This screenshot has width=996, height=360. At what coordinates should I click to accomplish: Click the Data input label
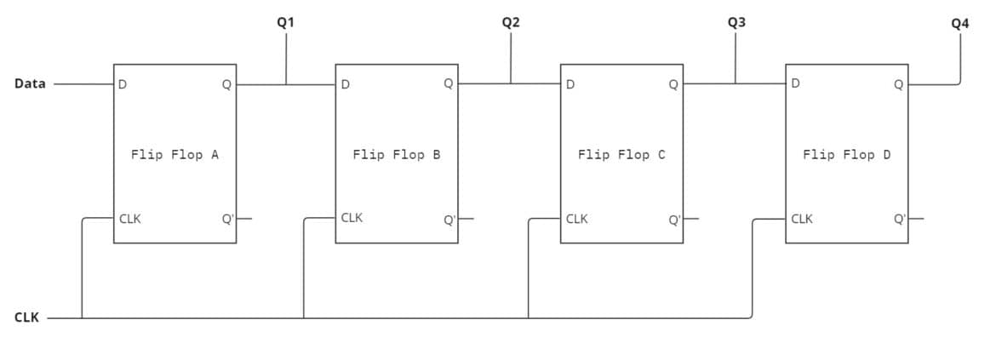(30, 83)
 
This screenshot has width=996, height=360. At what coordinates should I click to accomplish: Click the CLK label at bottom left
(26, 317)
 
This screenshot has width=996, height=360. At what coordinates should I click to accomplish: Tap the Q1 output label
(286, 23)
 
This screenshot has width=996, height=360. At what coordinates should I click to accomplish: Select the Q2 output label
(511, 23)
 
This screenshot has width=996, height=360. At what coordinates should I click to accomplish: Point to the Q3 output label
(736, 23)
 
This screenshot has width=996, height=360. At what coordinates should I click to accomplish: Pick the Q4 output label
(959, 23)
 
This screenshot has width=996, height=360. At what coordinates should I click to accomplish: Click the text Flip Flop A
(175, 155)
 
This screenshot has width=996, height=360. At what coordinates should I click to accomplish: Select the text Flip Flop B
(396, 155)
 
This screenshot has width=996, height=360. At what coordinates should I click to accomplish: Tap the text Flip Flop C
(621, 155)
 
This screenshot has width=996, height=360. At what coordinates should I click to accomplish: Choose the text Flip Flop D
(846, 155)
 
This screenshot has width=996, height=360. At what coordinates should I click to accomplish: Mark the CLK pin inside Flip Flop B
(352, 218)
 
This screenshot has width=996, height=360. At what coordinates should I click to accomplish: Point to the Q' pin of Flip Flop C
(674, 220)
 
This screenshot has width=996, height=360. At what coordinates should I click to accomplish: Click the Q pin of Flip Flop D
(898, 84)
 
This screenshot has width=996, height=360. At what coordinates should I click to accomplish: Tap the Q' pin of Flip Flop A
(227, 219)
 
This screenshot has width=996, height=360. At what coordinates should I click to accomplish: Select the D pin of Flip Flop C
(570, 84)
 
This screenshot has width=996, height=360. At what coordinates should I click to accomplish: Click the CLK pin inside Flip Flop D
(802, 219)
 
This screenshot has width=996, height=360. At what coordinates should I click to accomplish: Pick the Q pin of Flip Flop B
(448, 83)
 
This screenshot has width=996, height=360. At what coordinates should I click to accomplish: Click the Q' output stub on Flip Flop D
(916, 218)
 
